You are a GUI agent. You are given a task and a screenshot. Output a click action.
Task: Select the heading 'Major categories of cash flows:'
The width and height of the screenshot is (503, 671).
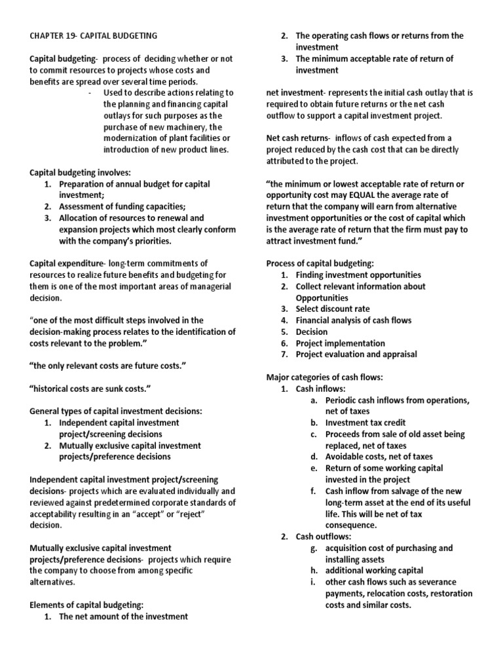tap(324, 377)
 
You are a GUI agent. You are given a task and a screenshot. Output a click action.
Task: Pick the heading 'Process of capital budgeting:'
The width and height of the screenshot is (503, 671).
tap(320, 263)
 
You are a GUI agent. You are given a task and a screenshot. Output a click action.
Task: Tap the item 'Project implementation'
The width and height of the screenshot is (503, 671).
tap(340, 343)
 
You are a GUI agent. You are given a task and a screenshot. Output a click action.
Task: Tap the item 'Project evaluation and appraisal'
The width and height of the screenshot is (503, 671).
tap(356, 355)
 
